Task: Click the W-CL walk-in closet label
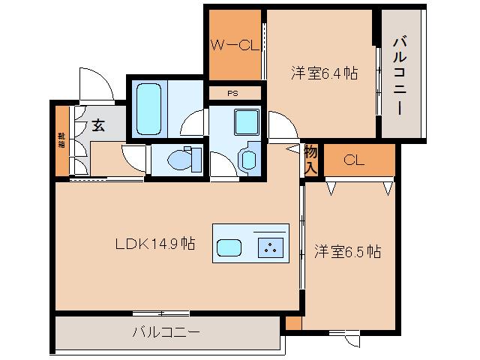(234, 45)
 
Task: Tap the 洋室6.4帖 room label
(324, 73)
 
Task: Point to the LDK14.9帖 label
(155, 244)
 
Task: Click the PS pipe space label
(234, 93)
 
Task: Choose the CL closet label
(355, 160)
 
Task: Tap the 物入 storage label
(311, 158)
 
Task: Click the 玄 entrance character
(99, 125)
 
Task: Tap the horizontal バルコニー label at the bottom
(166, 331)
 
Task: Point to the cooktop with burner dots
(268, 247)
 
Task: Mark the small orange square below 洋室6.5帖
(293, 323)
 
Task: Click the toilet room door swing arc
(135, 156)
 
